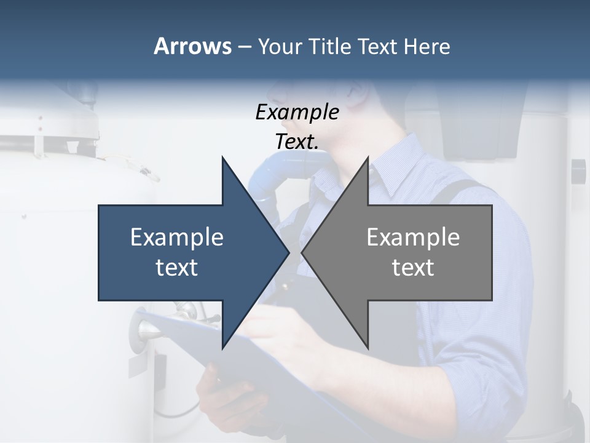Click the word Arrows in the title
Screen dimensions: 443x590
click(192, 46)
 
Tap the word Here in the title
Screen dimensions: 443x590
click(427, 46)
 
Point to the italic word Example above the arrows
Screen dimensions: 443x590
click(297, 113)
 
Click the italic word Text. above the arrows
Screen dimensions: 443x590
click(297, 142)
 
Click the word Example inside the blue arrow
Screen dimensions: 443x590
click(177, 237)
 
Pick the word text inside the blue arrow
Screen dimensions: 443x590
click(177, 268)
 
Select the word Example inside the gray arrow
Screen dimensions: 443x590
click(413, 237)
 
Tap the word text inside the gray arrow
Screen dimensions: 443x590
click(413, 268)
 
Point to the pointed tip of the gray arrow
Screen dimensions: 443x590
click(303, 252)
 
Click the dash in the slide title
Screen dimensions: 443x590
click(244, 47)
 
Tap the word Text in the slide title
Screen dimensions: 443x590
click(379, 46)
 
